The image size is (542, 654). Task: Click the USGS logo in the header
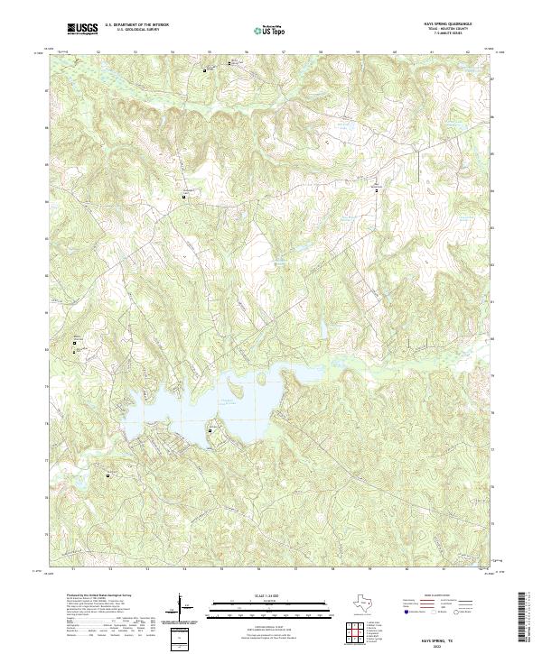(x=82, y=29)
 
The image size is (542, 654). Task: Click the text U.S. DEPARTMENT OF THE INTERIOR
(x=135, y=25)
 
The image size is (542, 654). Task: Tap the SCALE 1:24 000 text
(x=257, y=594)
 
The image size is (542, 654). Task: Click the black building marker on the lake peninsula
(x=211, y=430)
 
